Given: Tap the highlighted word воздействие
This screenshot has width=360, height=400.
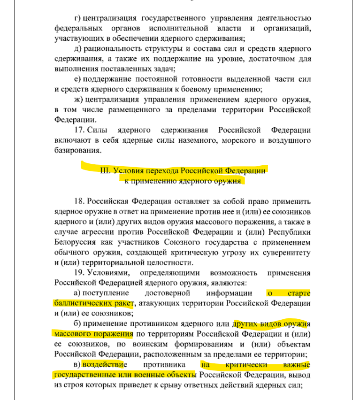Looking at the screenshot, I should click(x=103, y=364).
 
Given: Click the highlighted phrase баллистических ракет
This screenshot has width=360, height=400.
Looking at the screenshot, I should click(x=94, y=303).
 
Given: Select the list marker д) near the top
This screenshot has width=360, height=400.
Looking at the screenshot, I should click(x=78, y=49).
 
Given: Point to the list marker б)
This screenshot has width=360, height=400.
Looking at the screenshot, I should click(x=78, y=324).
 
